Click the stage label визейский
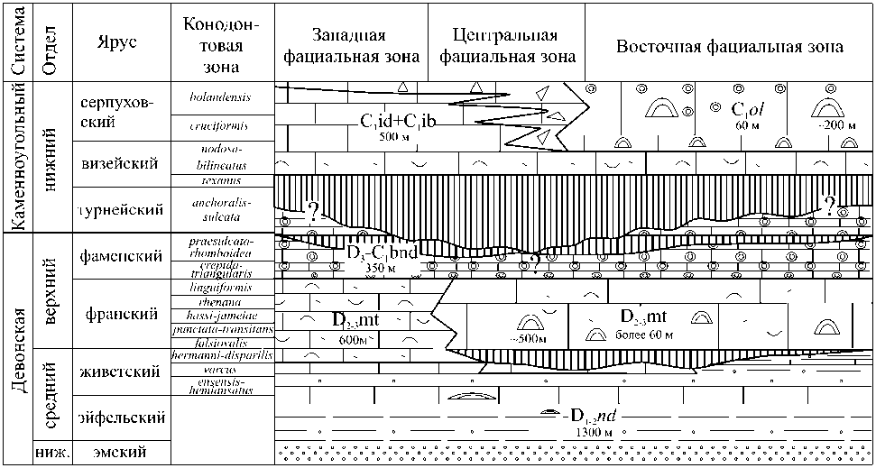118,163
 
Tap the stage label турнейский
120,209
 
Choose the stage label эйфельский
121,418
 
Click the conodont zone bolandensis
221,96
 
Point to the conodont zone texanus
221,181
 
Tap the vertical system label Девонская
16,347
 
